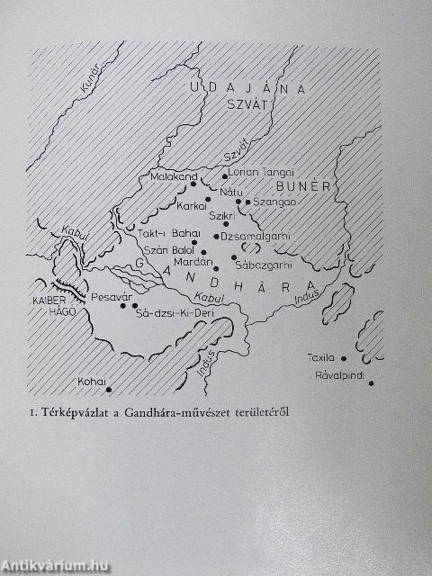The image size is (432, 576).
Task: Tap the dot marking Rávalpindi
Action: (x=371, y=382)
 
